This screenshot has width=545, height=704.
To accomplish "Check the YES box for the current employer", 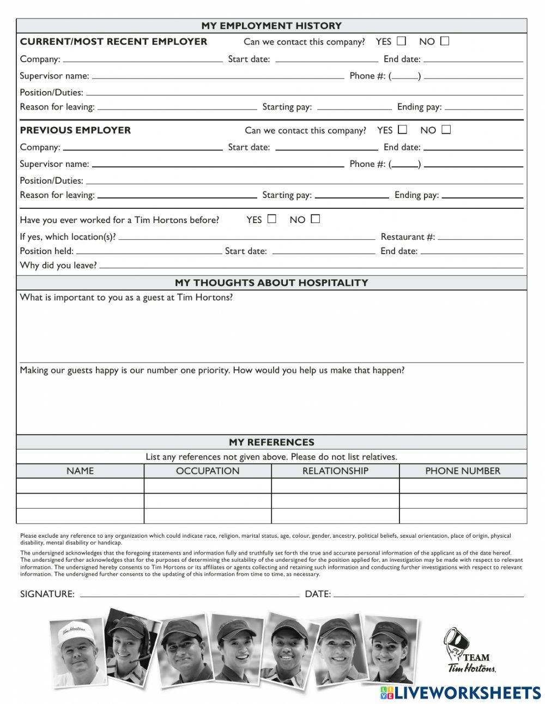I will [402, 41].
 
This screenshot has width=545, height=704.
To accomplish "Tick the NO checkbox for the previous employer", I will [446, 129].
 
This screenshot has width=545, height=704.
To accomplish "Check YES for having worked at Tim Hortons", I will [272, 219].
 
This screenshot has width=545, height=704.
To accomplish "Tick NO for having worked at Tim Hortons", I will [316, 219].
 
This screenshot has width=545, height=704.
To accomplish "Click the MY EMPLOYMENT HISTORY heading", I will [271, 26].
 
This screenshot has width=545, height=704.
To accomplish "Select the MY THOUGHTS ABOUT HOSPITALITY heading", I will [271, 282].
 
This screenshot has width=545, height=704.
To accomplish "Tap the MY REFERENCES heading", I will [271, 442].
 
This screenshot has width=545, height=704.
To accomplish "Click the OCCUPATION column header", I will [208, 471].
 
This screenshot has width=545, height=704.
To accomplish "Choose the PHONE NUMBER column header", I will [463, 471].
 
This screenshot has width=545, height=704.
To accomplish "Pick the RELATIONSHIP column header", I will [335, 471].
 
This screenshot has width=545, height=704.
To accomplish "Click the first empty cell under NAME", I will [80, 486].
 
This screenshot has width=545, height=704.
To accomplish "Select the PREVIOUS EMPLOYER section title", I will [75, 130].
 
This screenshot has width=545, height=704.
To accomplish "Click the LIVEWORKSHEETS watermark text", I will [467, 693].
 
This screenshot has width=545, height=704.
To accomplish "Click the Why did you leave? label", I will [58, 266].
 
